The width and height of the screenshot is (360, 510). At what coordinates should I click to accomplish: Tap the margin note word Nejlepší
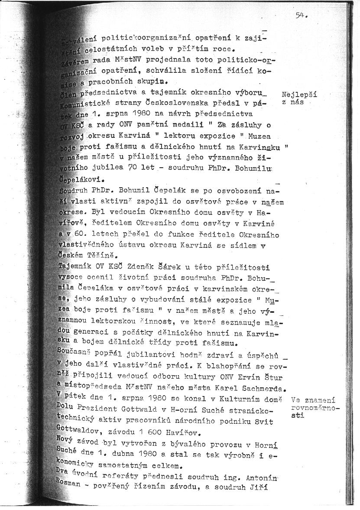pyautogui.click(x=299, y=94)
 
